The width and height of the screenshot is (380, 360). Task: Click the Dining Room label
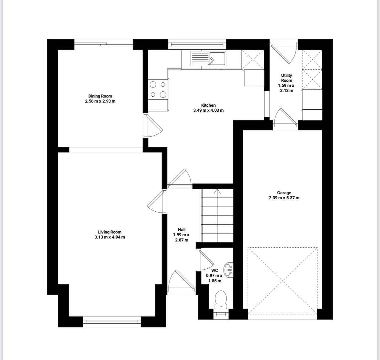coord(100,96)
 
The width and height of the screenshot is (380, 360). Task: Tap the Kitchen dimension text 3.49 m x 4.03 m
coord(208,111)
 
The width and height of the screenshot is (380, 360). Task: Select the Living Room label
coord(110,232)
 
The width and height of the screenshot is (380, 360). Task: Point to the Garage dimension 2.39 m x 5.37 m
coord(284,198)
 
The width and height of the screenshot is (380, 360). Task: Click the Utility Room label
coord(286,78)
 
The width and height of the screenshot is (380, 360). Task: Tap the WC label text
coord(215,270)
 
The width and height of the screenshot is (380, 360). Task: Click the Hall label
coord(181,230)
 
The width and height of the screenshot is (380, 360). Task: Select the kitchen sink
coord(208,59)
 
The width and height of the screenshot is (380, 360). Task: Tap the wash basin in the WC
coord(228,270)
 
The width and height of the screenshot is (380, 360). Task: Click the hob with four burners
coord(158,89)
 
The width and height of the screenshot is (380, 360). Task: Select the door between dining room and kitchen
coord(153,126)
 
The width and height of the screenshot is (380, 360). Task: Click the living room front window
coord(112,322)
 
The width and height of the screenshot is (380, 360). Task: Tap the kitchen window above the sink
coord(197,44)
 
